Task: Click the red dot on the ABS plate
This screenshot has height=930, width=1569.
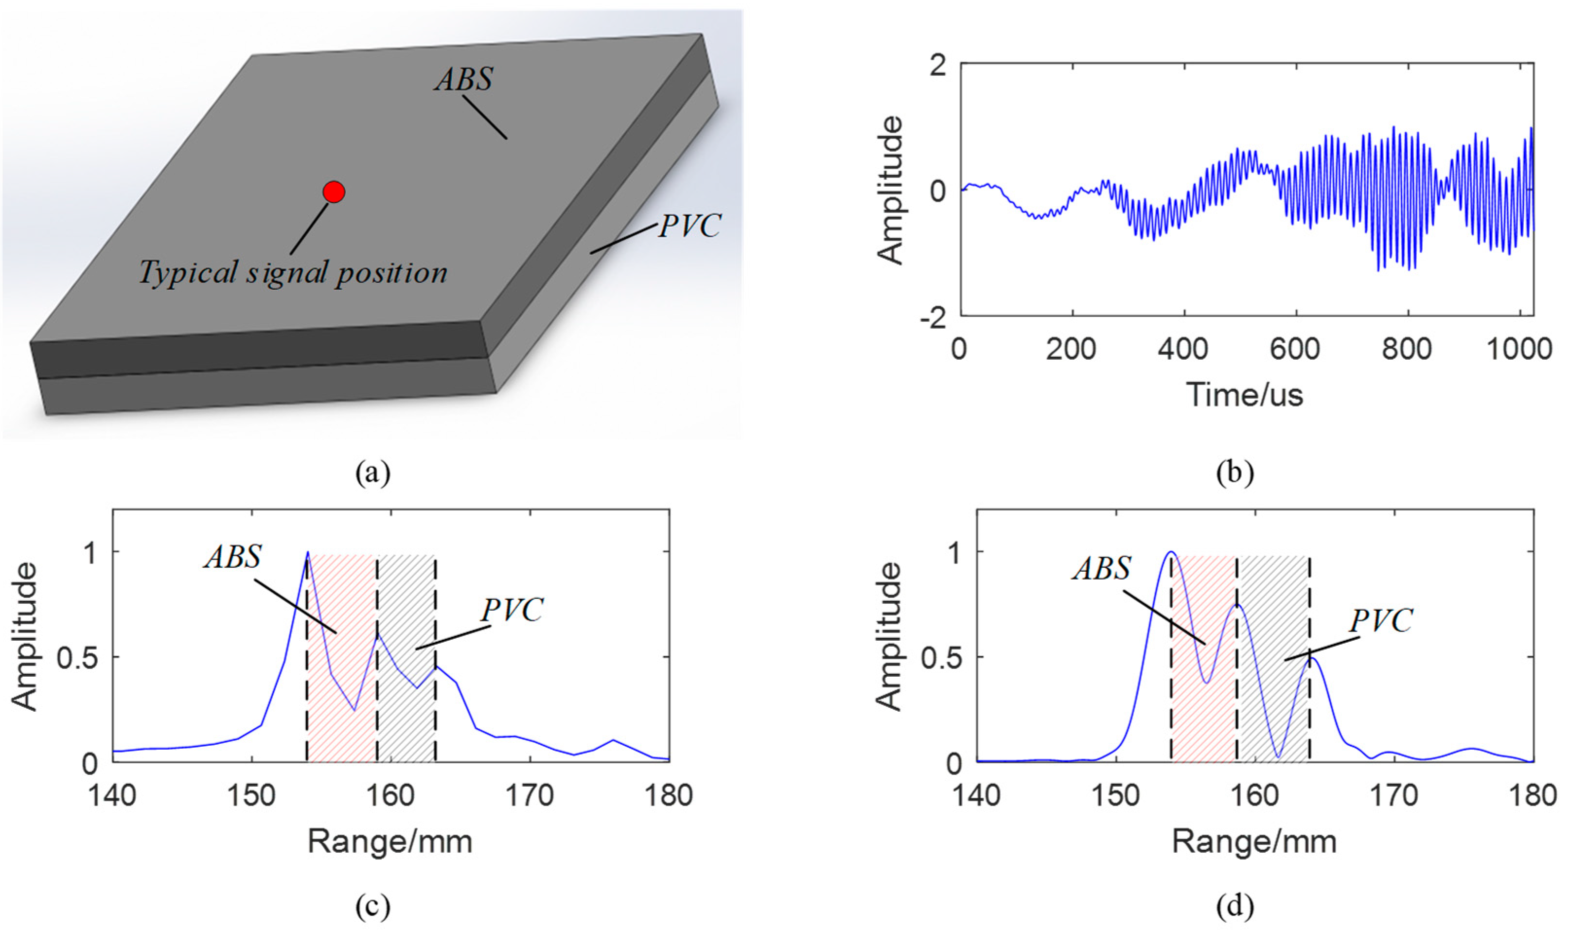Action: click(334, 192)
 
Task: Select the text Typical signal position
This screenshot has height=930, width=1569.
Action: click(293, 273)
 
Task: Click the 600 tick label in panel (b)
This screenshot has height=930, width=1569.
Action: click(1295, 349)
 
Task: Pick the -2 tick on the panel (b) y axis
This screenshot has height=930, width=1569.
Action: click(933, 318)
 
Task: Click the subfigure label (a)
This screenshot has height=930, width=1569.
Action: click(372, 473)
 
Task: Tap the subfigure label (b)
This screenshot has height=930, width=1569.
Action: click(1235, 473)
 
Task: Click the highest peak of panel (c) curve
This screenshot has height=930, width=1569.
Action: click(308, 552)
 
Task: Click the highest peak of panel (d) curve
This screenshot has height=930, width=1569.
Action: click(1170, 552)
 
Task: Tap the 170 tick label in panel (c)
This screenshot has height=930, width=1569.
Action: click(531, 796)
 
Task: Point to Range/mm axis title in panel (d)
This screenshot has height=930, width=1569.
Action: click(1254, 842)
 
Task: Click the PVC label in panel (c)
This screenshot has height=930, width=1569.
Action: click(512, 610)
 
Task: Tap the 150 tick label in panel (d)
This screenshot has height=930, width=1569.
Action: click(1115, 796)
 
